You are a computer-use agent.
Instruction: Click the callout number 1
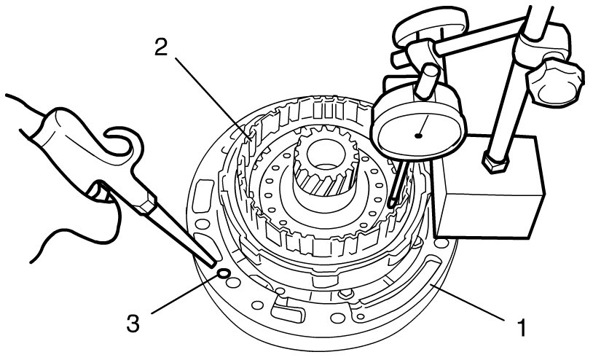[522, 327]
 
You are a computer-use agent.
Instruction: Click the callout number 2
[161, 47]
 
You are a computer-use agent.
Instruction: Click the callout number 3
[133, 324]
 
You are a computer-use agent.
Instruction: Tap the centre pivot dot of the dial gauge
[418, 136]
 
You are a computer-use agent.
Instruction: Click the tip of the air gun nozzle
[213, 264]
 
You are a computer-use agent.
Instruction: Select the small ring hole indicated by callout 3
[223, 273]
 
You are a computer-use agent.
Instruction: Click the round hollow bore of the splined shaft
[326, 154]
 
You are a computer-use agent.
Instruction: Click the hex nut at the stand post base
[495, 163]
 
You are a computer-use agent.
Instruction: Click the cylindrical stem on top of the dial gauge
[428, 82]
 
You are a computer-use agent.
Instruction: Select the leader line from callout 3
[185, 294]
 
